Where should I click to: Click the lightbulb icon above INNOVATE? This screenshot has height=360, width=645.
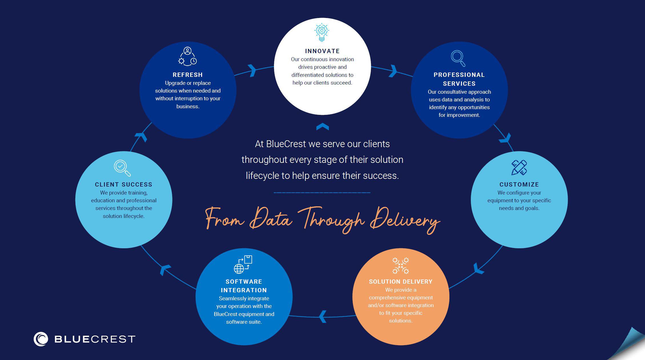[x=322, y=32]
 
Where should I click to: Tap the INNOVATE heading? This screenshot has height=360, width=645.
[x=322, y=51]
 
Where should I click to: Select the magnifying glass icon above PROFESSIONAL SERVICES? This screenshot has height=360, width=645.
[x=458, y=58]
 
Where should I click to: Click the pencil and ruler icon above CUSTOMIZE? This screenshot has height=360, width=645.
[x=519, y=167]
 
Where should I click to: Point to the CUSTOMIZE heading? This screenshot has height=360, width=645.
[x=519, y=185]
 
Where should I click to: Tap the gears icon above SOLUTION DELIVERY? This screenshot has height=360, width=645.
[x=400, y=265]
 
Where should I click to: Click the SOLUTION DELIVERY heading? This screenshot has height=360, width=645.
[x=401, y=282]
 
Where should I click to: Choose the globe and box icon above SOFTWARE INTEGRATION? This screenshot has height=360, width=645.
[x=243, y=264]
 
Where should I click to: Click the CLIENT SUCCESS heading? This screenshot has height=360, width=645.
[x=124, y=185]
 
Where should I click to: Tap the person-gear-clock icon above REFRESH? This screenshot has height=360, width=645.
[x=188, y=57]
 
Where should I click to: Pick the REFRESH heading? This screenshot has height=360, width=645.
[x=188, y=75]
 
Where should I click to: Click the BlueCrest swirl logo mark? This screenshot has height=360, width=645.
[x=41, y=339]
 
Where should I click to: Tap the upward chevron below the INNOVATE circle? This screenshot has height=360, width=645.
[x=323, y=127]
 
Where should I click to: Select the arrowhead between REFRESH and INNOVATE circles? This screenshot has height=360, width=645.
[x=252, y=70]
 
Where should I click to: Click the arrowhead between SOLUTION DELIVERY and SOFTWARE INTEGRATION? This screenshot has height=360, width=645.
[x=323, y=316]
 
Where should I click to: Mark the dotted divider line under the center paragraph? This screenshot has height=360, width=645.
[x=322, y=193]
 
